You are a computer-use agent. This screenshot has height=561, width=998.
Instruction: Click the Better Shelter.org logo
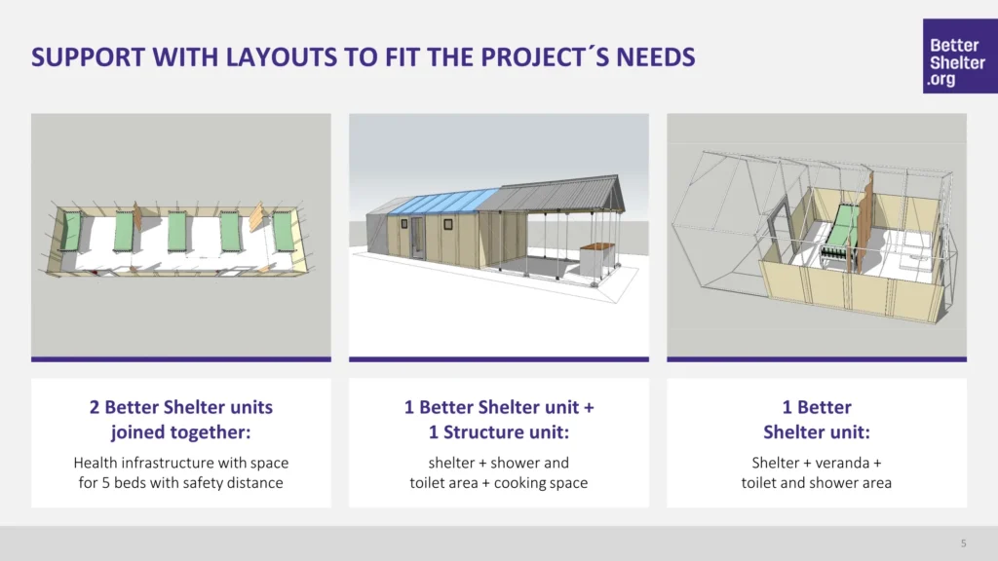960,56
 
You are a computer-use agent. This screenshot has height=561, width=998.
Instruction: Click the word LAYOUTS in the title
282,57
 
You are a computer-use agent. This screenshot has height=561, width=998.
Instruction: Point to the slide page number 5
963,543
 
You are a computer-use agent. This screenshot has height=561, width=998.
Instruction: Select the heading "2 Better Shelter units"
180,407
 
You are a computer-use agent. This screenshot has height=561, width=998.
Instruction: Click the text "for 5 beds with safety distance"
180,483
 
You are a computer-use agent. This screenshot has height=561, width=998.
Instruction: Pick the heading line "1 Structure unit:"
499,432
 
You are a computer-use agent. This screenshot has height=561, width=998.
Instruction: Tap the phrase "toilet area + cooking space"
499,483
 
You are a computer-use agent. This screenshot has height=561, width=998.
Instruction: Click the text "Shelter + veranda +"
817,463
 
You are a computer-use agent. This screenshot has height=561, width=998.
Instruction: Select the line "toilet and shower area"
817,483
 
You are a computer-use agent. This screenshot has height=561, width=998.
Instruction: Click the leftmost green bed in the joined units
71,232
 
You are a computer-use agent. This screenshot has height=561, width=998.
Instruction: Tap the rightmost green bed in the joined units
283,231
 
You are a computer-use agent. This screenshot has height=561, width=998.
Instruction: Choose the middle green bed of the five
177,232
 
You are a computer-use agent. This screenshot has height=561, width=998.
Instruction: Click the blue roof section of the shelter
443,203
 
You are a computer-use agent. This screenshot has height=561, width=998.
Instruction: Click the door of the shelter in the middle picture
417,238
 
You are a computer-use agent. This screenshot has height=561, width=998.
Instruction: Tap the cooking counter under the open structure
597,260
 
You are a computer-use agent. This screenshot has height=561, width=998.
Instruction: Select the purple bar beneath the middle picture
499,359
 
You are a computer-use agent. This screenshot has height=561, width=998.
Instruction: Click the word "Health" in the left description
96,463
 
